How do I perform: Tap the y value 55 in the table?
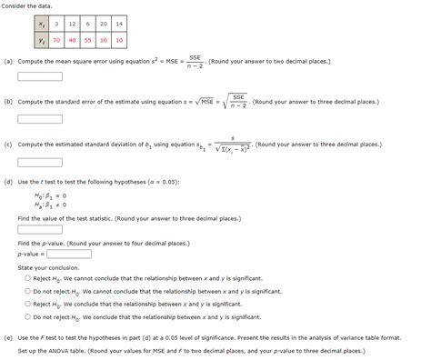86,41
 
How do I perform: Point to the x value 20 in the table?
103,22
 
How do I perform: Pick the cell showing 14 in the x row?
119,22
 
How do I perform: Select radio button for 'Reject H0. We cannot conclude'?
28,278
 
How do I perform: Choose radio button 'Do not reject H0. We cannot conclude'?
28,291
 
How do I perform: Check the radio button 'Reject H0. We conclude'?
28,304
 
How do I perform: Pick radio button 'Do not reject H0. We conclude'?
28,317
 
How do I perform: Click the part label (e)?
8,336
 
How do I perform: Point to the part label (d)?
8,182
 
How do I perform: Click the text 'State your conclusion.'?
44,267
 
